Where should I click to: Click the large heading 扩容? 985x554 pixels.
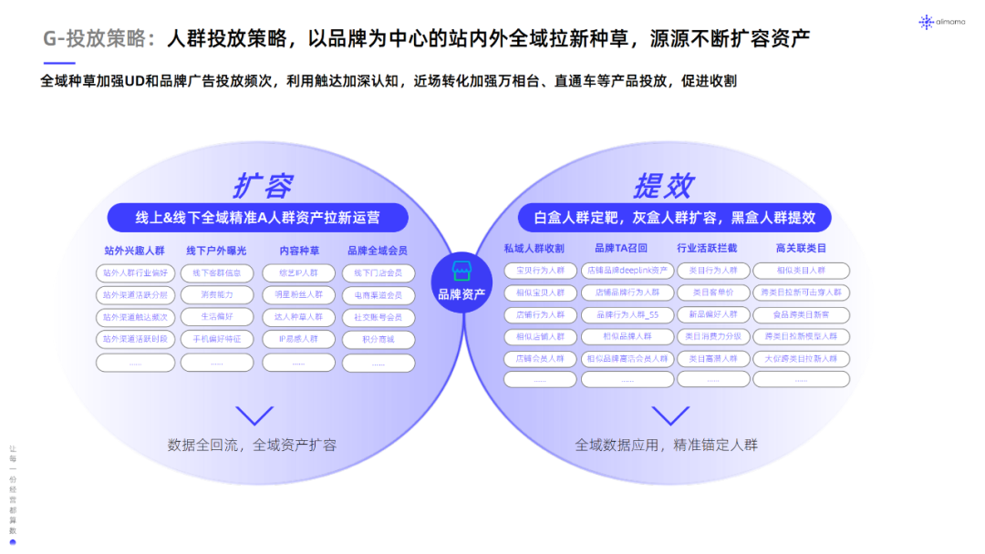click(x=262, y=185)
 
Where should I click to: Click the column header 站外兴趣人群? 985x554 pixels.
click(x=134, y=250)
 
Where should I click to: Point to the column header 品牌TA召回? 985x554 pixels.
click(x=620, y=248)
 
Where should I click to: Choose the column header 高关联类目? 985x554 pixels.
click(x=801, y=248)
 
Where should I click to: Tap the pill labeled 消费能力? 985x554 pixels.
click(x=217, y=294)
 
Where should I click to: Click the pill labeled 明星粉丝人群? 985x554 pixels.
click(x=298, y=294)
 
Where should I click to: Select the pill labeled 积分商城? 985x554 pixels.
click(x=378, y=339)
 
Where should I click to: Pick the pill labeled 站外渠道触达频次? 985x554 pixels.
click(x=135, y=317)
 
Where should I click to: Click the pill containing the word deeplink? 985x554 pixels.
click(x=627, y=271)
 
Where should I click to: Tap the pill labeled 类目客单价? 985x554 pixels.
click(x=713, y=292)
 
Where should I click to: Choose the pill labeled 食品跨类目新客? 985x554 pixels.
click(x=801, y=314)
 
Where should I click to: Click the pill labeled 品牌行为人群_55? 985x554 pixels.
click(x=627, y=314)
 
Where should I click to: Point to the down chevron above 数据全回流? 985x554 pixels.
click(x=254, y=415)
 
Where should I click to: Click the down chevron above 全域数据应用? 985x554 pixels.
click(x=670, y=415)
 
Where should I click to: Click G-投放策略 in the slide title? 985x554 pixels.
click(x=100, y=38)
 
